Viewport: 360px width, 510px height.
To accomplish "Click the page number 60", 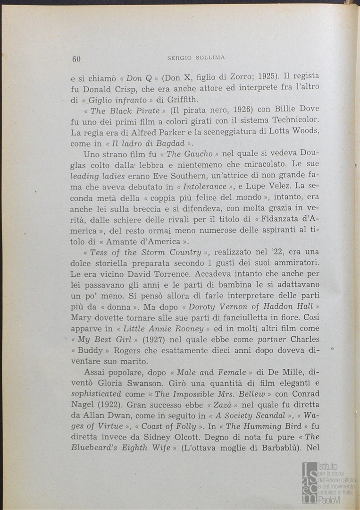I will click(x=76, y=59).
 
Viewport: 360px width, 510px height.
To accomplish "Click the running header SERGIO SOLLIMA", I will click(x=196, y=58).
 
